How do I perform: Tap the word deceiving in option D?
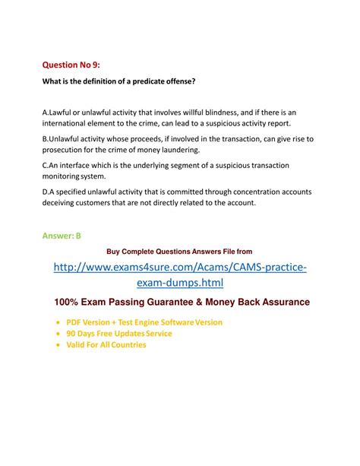click(62, 204)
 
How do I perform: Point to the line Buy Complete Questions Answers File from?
click(179, 251)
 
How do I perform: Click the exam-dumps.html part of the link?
click(180, 284)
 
